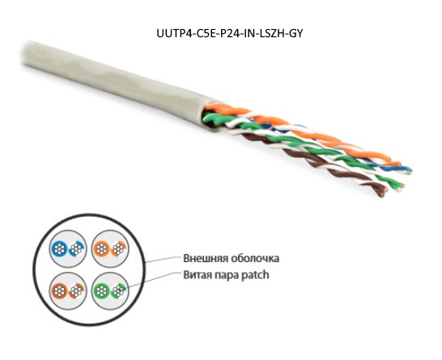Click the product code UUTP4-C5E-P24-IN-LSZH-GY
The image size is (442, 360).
(x=230, y=33)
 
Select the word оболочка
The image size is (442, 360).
(x=255, y=258)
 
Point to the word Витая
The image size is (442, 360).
(x=198, y=274)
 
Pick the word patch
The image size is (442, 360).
(x=256, y=275)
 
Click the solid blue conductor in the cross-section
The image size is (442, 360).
(x=59, y=248)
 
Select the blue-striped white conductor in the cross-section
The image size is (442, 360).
(x=76, y=248)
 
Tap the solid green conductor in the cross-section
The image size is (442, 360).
(x=101, y=290)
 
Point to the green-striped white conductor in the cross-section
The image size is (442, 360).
(x=118, y=290)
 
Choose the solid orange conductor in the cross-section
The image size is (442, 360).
(x=101, y=248)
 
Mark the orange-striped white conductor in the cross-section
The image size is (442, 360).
(x=118, y=248)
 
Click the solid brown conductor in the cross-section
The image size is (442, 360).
(x=59, y=290)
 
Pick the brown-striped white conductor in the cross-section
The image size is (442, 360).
(x=76, y=290)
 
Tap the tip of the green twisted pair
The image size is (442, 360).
(x=399, y=187)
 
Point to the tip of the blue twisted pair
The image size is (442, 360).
(x=407, y=171)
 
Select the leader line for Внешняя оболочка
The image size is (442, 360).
(x=163, y=260)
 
